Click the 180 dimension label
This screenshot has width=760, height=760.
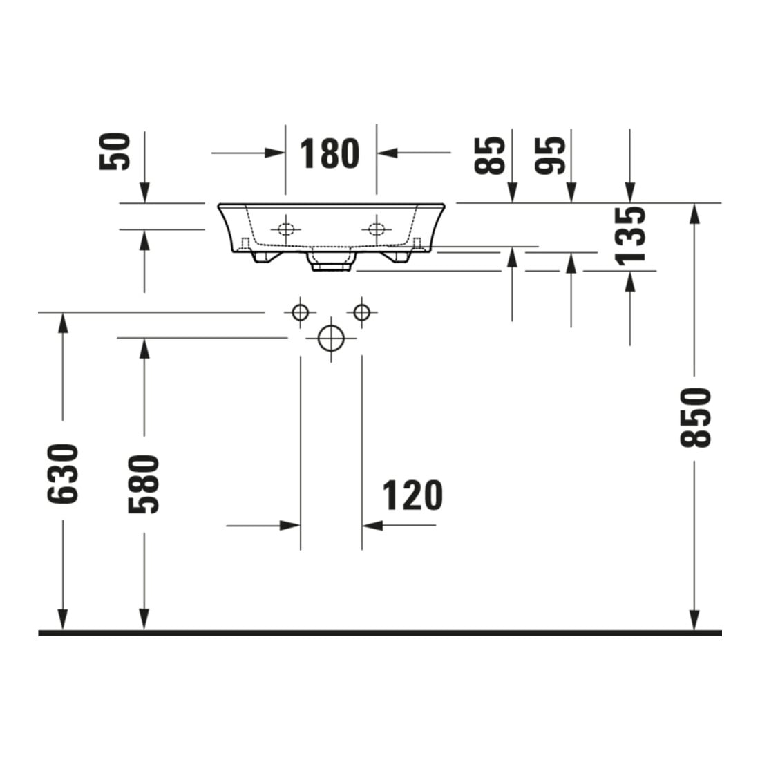(x=330, y=153)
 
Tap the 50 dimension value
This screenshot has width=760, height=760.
(x=115, y=152)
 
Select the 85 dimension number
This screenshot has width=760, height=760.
(x=490, y=155)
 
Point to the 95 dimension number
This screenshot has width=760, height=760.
(x=550, y=155)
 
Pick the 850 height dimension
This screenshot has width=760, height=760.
(x=695, y=417)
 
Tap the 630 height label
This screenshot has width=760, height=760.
(x=62, y=473)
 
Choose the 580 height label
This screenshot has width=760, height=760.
(x=144, y=484)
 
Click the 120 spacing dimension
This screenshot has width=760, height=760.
(x=412, y=495)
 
